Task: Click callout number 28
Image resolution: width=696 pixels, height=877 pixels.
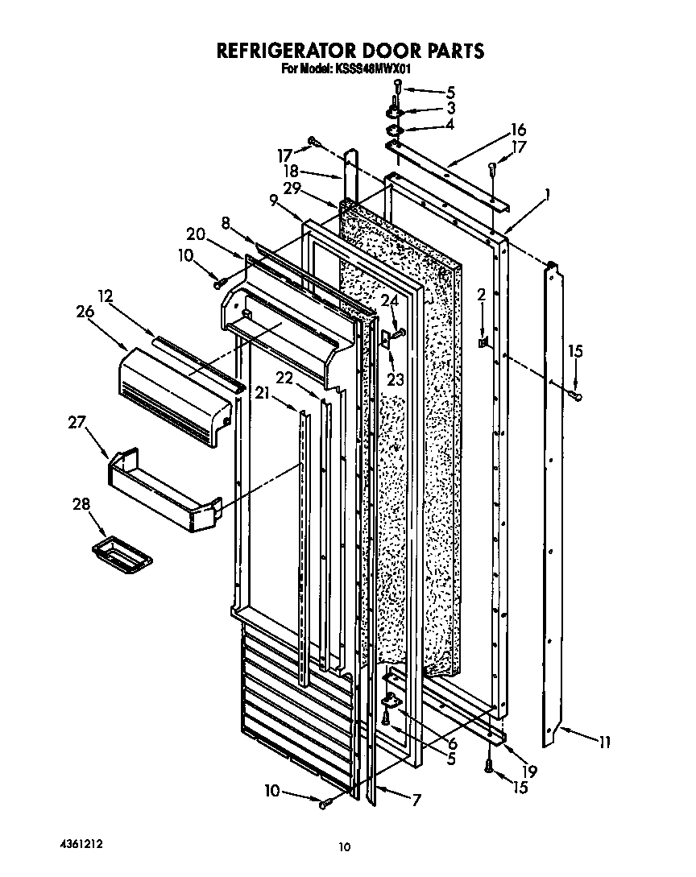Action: coord(81,505)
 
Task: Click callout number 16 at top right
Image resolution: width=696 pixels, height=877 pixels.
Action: coord(517,130)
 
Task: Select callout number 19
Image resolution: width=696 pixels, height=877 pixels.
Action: coord(529,771)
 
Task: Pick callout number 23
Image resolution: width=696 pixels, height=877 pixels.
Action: coord(394,379)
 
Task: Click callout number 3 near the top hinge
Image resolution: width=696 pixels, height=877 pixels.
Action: coord(450,107)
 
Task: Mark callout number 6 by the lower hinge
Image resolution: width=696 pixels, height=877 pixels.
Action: coord(453,743)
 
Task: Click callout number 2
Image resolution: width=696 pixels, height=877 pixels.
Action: coord(481,296)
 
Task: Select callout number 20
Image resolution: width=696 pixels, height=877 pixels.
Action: coord(195,234)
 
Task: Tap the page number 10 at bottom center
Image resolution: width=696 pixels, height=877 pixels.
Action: coord(344,846)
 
